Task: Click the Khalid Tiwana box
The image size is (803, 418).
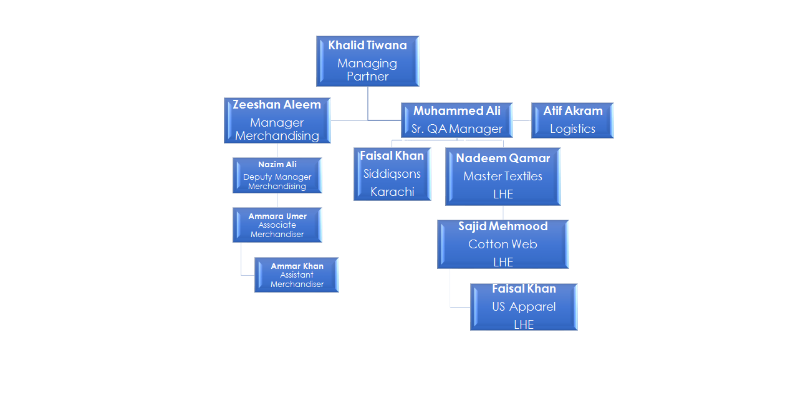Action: pos(367,61)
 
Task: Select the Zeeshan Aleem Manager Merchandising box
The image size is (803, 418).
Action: pos(277,120)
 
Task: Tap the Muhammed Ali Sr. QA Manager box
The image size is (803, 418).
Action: pos(456,120)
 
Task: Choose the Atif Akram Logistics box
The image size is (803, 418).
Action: pos(572,120)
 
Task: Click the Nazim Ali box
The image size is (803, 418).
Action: pos(277,175)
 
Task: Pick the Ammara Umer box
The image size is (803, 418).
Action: pos(277,225)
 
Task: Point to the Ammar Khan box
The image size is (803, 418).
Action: pos(296,275)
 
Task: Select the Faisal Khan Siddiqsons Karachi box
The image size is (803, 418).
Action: pos(392,173)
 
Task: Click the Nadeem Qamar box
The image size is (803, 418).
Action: pos(502,176)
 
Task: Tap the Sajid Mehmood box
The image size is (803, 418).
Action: pos(502,244)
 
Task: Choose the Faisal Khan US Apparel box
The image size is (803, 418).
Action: pos(524,306)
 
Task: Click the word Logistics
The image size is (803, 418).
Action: pos(572,129)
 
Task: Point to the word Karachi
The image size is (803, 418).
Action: pos(392,192)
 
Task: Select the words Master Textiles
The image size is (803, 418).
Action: pos(502,177)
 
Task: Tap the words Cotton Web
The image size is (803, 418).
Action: pos(502,245)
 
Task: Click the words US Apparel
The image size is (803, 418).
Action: pos(524,307)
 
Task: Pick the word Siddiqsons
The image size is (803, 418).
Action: pos(392,174)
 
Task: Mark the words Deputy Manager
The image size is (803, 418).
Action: pos(277,177)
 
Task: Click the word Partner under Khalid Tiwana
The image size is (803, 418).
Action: pos(367,77)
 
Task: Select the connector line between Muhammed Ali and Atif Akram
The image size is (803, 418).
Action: pos(522,120)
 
